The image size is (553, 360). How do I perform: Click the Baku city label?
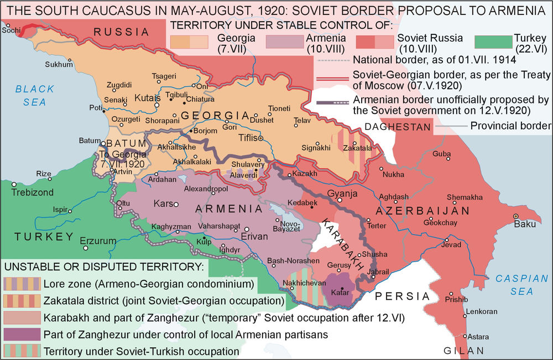525,225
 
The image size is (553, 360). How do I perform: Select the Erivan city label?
254,237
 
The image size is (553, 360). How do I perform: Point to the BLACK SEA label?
34,95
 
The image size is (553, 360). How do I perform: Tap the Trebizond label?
34,192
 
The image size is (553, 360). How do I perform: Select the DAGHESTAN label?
397,127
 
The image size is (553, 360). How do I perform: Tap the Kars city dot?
176,205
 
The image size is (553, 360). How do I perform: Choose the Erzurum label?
98,241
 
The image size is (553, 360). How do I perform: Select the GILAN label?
464,350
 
